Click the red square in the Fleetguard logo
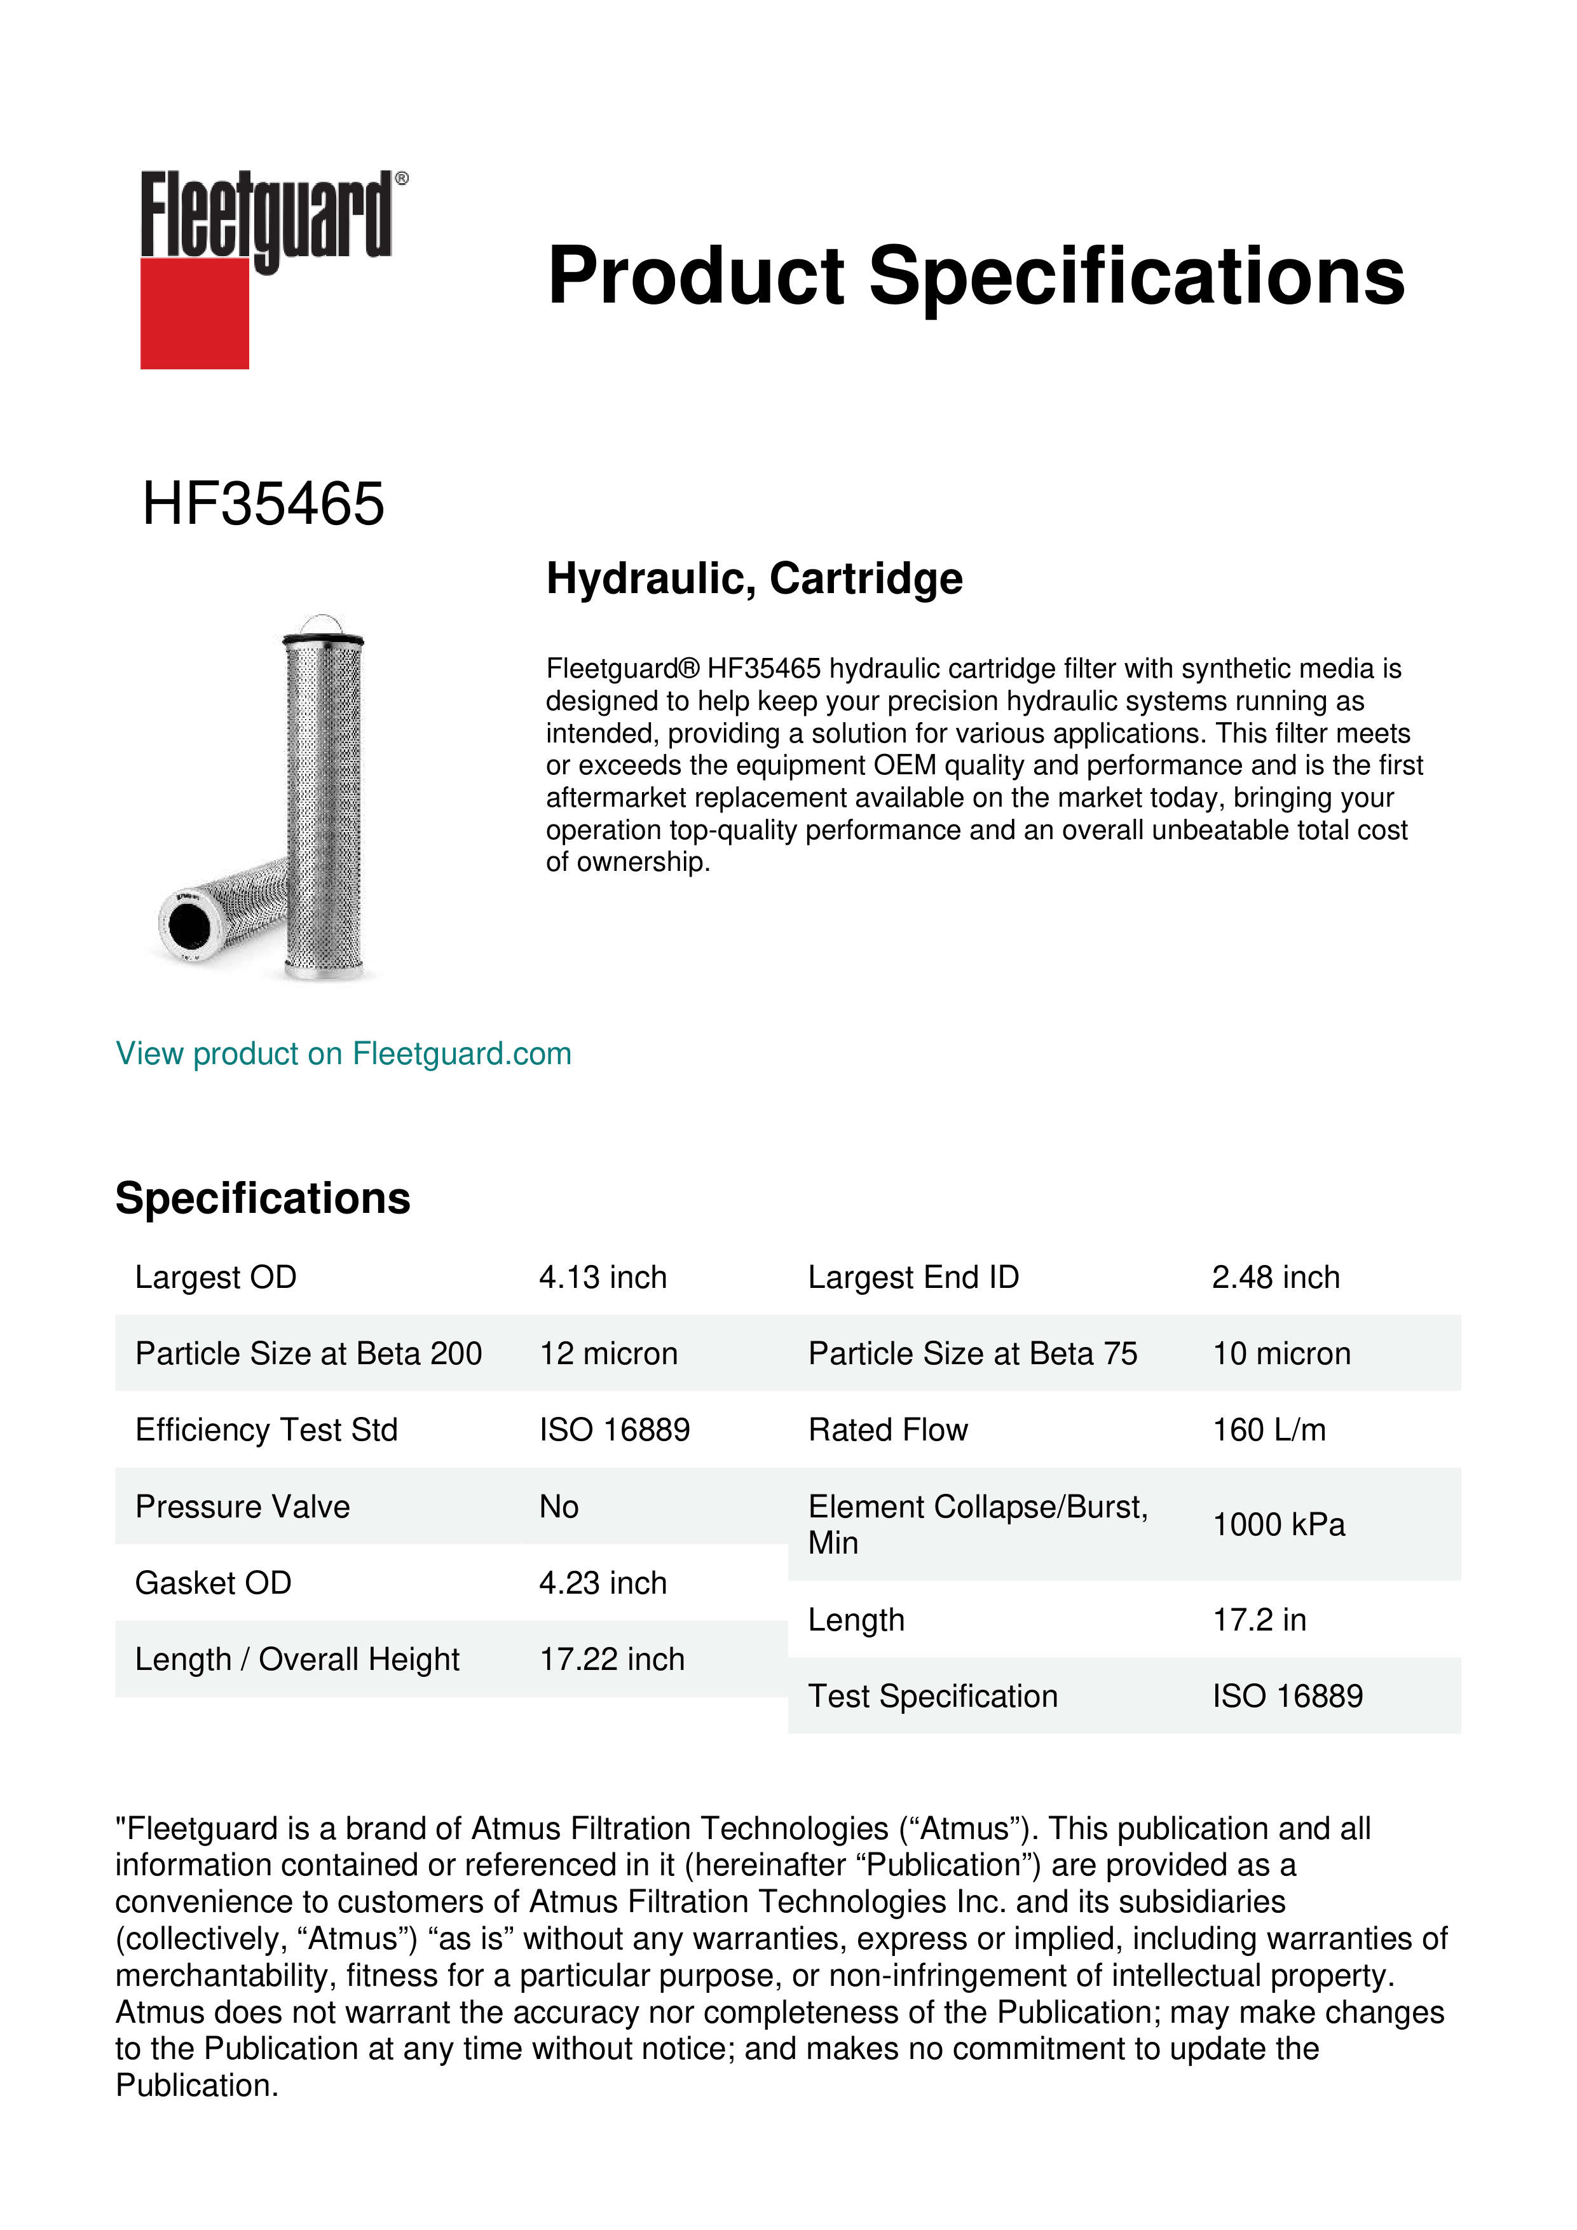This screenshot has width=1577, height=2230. click(x=195, y=313)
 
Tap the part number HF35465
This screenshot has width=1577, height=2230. click(x=263, y=504)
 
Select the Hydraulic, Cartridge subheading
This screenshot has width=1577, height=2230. click(x=754, y=579)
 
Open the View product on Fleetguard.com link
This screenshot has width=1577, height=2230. click(x=344, y=1054)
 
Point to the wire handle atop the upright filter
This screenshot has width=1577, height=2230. click(x=322, y=622)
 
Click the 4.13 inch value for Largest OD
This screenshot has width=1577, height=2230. click(x=603, y=1277)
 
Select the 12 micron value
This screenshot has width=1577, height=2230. click(x=609, y=1354)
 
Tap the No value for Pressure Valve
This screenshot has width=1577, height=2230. click(x=559, y=1507)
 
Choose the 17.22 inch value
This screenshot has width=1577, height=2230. click(x=611, y=1659)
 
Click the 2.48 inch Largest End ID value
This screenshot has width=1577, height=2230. click(x=1276, y=1277)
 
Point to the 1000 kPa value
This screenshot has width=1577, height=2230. click(x=1279, y=1525)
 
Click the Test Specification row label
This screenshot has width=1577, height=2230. click(x=933, y=1696)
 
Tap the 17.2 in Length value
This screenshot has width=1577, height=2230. click(x=1259, y=1620)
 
